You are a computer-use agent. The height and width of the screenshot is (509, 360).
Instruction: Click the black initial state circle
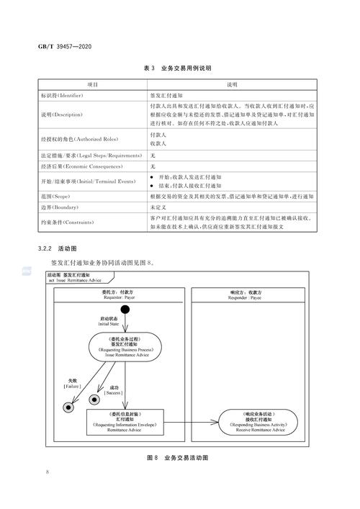pyautogui.click(x=126, y=310)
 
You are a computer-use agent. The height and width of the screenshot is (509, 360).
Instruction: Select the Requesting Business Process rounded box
pyautogui.click(x=125, y=348)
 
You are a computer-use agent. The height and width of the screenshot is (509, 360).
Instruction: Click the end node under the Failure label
pyautogui.click(x=69, y=407)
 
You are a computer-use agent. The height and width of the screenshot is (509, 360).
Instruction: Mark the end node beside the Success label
pyautogui.click(x=94, y=399)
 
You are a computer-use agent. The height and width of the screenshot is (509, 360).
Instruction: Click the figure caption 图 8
pyautogui.click(x=177, y=457)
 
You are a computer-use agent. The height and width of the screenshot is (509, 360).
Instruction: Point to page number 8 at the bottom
pyautogui.click(x=47, y=472)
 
